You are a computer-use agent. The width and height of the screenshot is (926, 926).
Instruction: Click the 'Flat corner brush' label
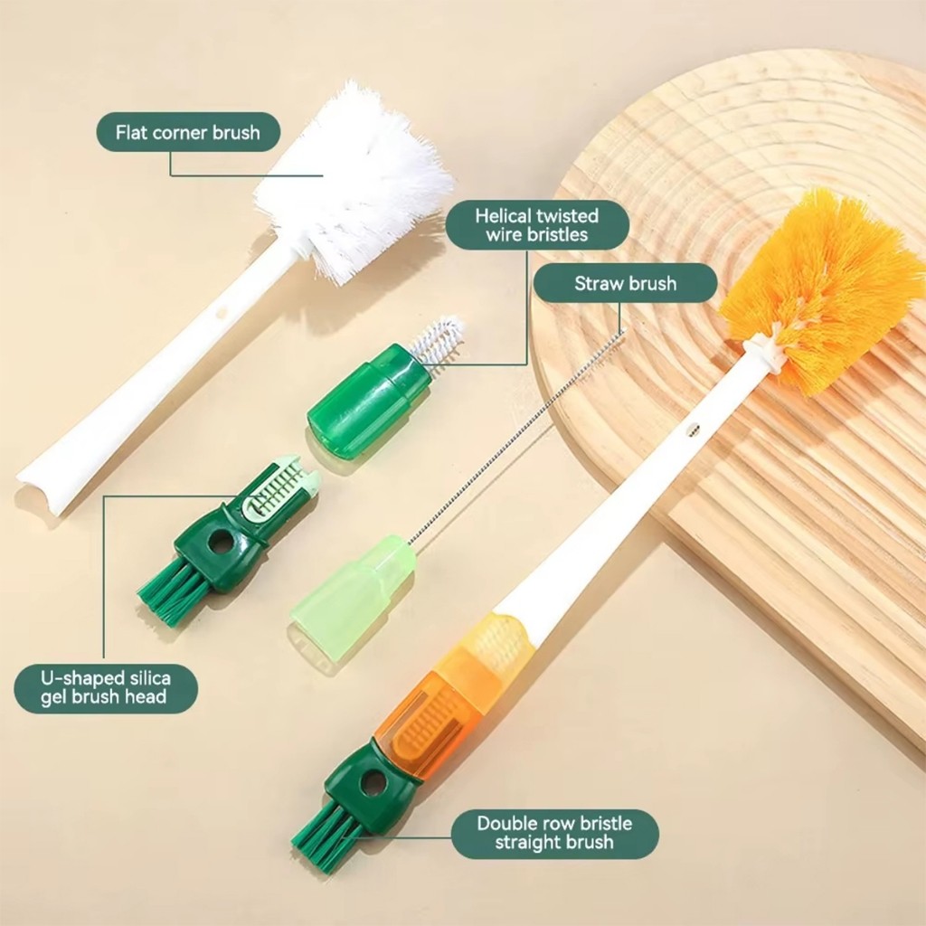188,132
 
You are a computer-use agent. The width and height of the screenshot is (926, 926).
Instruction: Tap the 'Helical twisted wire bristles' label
537,225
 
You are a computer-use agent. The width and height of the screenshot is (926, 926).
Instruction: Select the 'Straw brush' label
626,283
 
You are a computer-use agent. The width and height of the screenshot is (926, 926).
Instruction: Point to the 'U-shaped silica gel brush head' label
106,688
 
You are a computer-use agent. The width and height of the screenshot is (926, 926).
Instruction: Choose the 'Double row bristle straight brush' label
554,833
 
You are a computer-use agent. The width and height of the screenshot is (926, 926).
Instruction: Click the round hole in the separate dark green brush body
222,541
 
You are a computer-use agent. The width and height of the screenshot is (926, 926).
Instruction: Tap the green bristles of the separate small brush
168,591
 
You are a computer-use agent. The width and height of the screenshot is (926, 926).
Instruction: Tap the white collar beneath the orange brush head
765,354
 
